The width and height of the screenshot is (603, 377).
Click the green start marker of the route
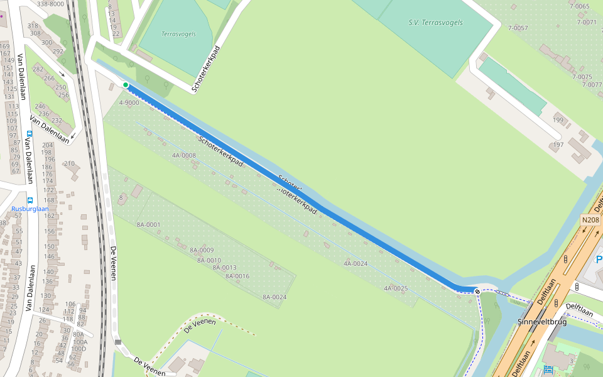126,85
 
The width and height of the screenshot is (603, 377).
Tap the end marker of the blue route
478,291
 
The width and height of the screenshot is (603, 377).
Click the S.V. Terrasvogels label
435,23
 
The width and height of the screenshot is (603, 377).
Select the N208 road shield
591,220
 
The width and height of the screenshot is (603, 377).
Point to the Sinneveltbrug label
542,322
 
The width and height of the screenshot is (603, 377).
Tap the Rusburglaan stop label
30,209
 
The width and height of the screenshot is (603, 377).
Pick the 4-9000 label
129,102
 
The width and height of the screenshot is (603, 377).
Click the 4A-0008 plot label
184,155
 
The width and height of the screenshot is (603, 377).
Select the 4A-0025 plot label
396,288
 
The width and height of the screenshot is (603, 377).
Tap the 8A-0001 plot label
149,224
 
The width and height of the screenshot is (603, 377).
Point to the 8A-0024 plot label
274,297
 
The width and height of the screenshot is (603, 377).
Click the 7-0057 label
518,28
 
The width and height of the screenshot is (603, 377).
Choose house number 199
558,120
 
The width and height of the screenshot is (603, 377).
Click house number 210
69,163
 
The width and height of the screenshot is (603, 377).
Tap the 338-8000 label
50,4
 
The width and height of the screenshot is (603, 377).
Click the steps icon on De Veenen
117,342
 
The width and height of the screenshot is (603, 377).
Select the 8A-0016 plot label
237,276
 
